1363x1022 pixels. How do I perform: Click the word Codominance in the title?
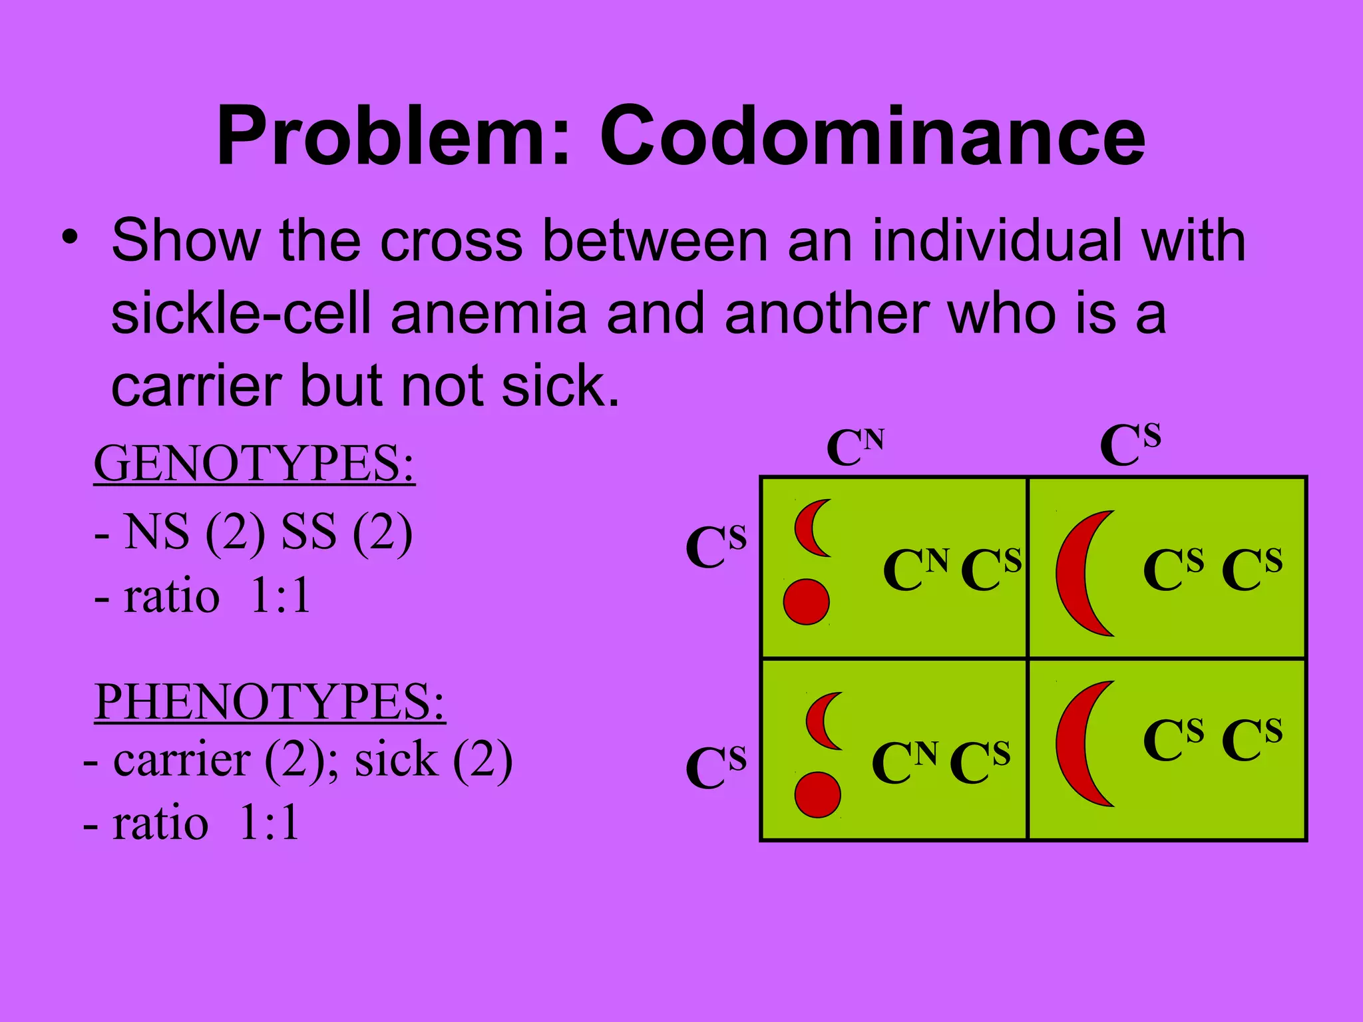873,136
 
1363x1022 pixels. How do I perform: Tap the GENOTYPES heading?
254,464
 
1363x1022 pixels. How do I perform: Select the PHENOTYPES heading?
270,701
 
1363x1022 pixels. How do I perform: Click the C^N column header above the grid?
855,447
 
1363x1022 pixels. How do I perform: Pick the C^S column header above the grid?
1130,444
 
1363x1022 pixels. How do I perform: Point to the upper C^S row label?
716,547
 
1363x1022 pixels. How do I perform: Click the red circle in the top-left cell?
806,602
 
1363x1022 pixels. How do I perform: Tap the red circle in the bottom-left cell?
817,794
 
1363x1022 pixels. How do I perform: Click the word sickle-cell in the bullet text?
240,314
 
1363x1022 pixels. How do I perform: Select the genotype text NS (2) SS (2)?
254,533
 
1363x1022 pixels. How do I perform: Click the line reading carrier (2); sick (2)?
297,760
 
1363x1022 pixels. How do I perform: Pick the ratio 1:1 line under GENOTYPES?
203,596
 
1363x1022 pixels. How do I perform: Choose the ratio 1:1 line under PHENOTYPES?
192,824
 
